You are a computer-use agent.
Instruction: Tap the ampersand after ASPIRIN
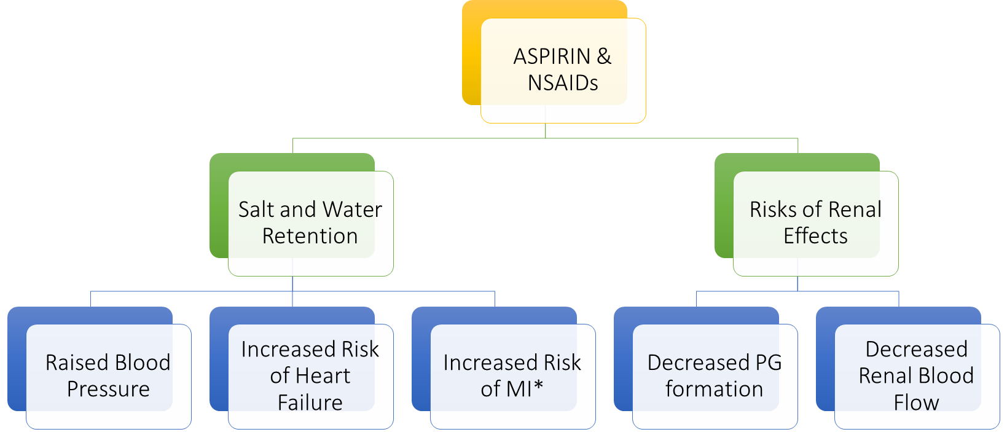[604, 57]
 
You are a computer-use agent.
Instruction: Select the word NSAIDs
[563, 83]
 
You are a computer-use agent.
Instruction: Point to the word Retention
[310, 236]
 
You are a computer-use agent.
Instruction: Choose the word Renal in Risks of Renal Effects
[855, 210]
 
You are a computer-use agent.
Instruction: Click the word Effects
[815, 236]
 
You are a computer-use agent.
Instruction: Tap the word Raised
[76, 363]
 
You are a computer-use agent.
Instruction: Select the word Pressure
[108, 390]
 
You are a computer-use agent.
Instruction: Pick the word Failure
[310, 403]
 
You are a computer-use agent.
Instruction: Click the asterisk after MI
[539, 386]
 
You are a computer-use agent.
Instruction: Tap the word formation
[715, 390]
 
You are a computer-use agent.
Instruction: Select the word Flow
[916, 403]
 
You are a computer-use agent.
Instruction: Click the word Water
[353, 210]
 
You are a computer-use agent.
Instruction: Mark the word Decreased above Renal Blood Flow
[917, 349]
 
